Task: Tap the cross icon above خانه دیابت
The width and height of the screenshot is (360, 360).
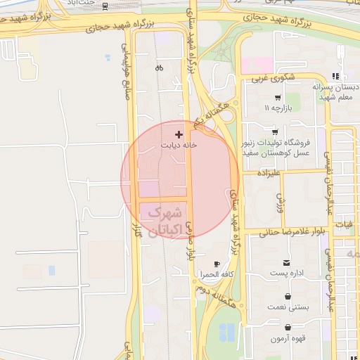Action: pyautogui.click(x=179, y=134)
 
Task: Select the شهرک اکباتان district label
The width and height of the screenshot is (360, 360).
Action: pyautogui.click(x=167, y=221)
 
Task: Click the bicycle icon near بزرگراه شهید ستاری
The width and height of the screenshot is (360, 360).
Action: pyautogui.click(x=160, y=68)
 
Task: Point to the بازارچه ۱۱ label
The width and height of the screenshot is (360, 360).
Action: pyautogui.click(x=277, y=108)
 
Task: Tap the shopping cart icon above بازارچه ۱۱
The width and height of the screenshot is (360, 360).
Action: pyautogui.click(x=278, y=98)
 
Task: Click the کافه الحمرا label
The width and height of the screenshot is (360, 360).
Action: pyautogui.click(x=217, y=274)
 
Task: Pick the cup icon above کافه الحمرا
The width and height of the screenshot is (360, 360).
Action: pyautogui.click(x=217, y=264)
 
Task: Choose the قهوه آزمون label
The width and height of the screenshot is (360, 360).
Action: pyautogui.click(x=288, y=338)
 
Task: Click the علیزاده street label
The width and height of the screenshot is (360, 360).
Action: pyautogui.click(x=269, y=171)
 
